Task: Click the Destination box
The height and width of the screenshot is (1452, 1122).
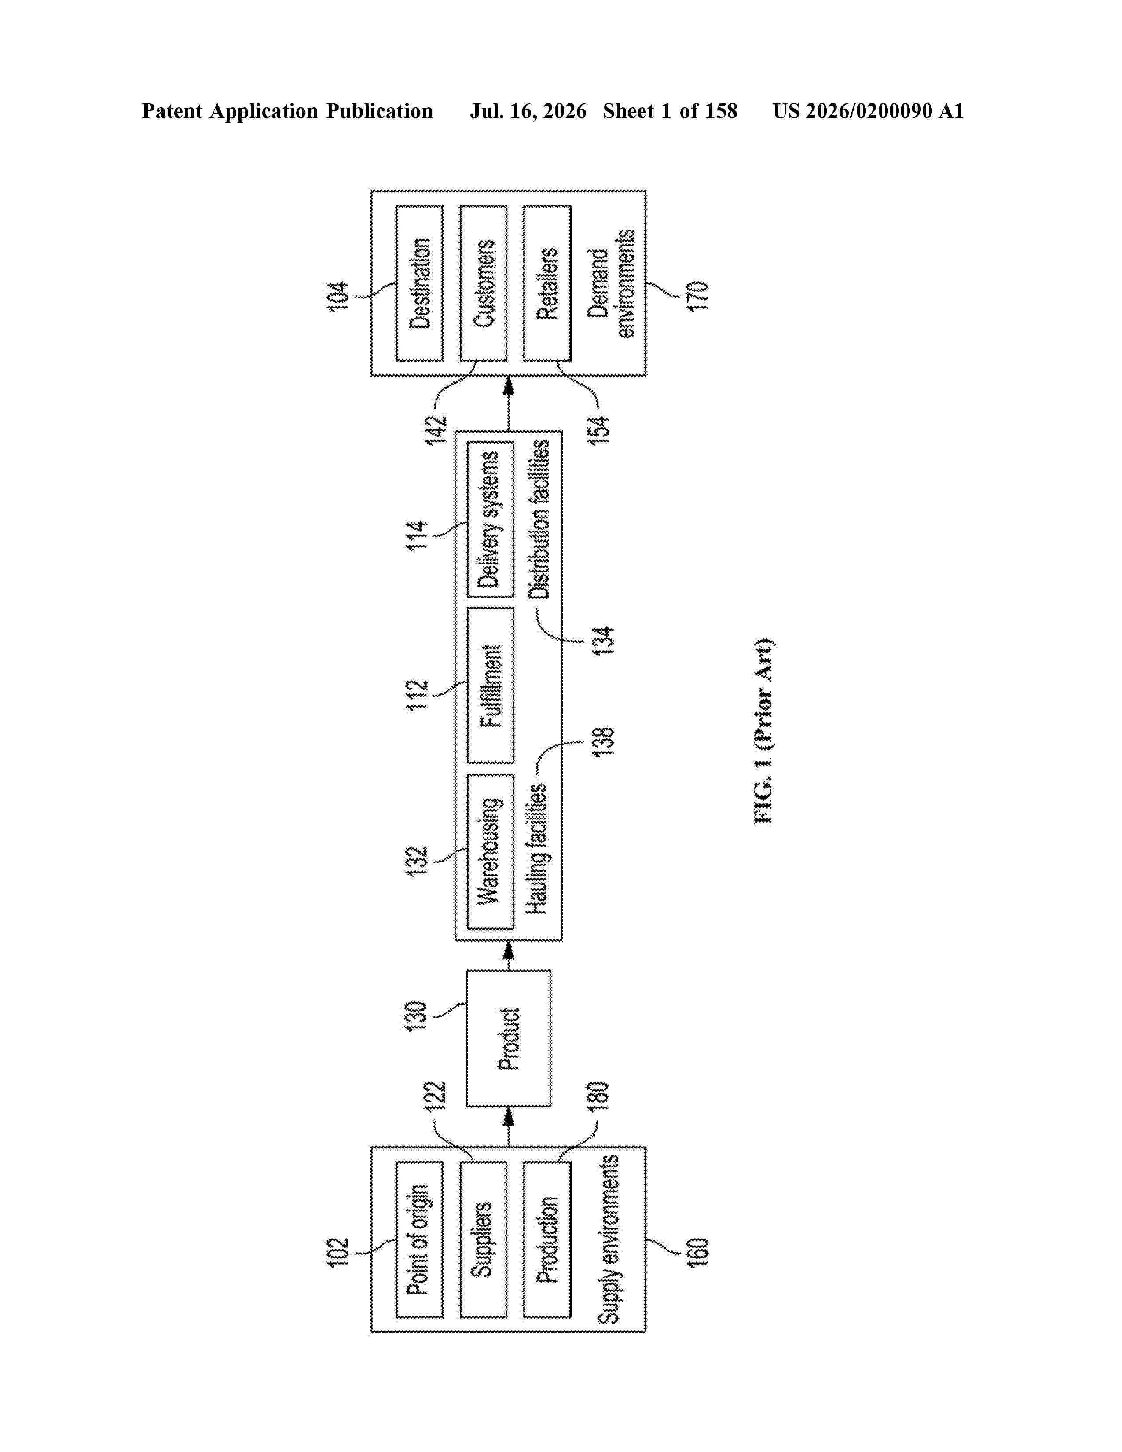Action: (x=419, y=283)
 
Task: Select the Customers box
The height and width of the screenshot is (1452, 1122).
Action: (x=483, y=283)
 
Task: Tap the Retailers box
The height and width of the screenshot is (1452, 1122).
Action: (x=547, y=283)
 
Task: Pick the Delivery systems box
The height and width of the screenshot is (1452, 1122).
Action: (x=491, y=519)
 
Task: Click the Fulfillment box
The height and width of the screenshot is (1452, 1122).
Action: (x=491, y=685)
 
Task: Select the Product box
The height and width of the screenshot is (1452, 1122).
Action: (x=509, y=1038)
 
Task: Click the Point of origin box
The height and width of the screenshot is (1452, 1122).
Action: (x=419, y=1239)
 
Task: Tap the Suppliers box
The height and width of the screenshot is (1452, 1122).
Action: (x=483, y=1239)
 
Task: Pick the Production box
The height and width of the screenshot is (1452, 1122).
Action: (x=547, y=1239)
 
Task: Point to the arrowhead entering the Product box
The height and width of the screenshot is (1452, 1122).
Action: (x=509, y=1117)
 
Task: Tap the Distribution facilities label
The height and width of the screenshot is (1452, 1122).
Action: (x=540, y=519)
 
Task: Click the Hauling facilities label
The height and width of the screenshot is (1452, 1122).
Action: (x=538, y=849)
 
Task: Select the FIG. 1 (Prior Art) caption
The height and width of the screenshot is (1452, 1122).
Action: (x=764, y=731)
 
